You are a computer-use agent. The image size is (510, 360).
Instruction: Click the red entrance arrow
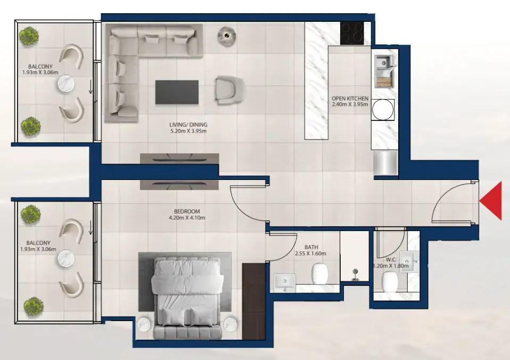point(492,201)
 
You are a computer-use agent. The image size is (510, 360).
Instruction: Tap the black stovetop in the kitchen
point(352,33)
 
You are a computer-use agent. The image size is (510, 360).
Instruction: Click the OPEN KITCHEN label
point(349,99)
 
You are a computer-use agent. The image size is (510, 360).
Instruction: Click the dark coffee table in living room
point(177,92)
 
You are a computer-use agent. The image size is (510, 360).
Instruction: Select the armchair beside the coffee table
point(229,89)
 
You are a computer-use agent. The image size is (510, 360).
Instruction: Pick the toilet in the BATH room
point(319,275)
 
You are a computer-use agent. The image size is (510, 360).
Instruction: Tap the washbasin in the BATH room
point(285,282)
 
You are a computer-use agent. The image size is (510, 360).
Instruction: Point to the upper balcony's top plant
point(28,36)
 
